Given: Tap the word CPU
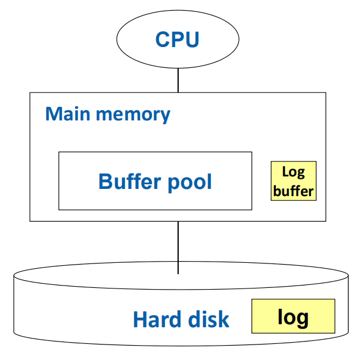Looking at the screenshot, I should [178, 39].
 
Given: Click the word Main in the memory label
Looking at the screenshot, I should [63, 114].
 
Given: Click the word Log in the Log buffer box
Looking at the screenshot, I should [293, 172].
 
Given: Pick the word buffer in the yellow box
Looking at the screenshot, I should [293, 191].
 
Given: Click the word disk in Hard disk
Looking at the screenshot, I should [207, 319].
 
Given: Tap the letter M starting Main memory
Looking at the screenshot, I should [54, 114].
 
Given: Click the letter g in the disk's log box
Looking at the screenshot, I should [302, 319].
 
